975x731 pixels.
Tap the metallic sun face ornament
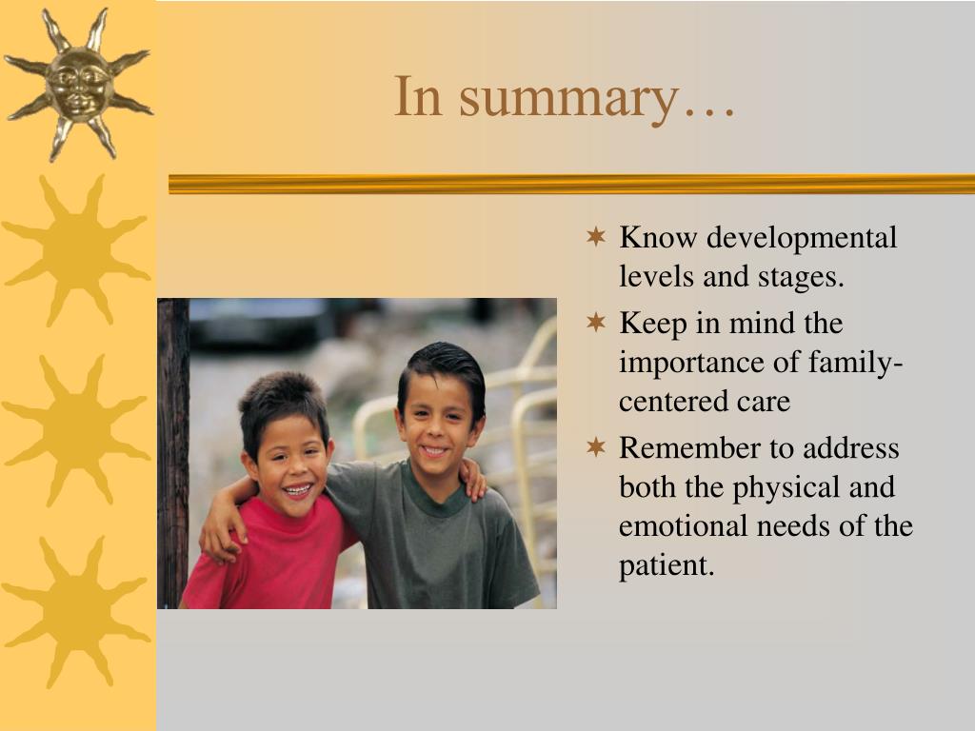[79, 84]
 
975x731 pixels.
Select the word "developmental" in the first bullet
[802, 237]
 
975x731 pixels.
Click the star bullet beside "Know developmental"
[596, 236]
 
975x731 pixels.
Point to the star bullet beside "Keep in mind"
[596, 322]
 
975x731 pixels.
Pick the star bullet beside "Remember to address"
[596, 447]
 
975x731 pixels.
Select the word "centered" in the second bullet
[673, 402]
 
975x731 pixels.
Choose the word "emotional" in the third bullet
[684, 525]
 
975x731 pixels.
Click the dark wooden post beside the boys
[173, 453]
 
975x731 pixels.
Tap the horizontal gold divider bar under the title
[571, 184]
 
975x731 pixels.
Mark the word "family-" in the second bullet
[855, 363]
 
